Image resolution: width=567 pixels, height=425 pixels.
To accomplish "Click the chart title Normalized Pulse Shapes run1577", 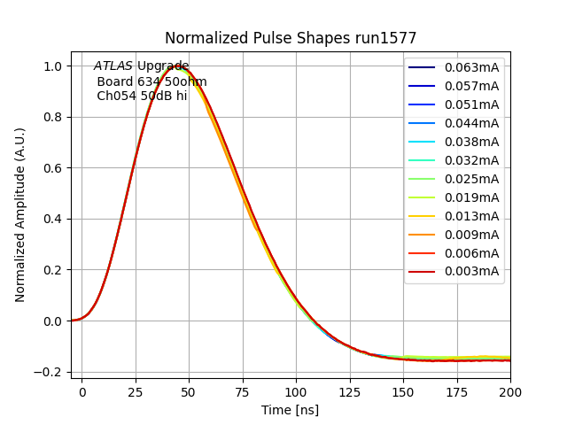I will (291, 38).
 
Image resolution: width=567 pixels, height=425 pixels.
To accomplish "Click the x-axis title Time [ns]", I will (290, 410).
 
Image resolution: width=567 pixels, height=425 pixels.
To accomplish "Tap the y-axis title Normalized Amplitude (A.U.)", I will (20, 214).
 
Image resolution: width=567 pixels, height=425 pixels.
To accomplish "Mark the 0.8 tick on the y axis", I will (52, 117).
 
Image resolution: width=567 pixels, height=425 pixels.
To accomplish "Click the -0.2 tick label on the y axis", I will (50, 372).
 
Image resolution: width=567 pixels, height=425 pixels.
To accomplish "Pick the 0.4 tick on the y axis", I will (52, 219).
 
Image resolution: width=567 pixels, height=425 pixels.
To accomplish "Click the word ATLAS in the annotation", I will (113, 66).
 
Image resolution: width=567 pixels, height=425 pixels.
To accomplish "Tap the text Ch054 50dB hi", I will (142, 96).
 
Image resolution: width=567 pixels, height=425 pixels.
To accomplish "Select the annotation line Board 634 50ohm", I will (151, 81).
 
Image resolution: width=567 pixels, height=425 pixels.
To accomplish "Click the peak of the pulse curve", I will (178, 66).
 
